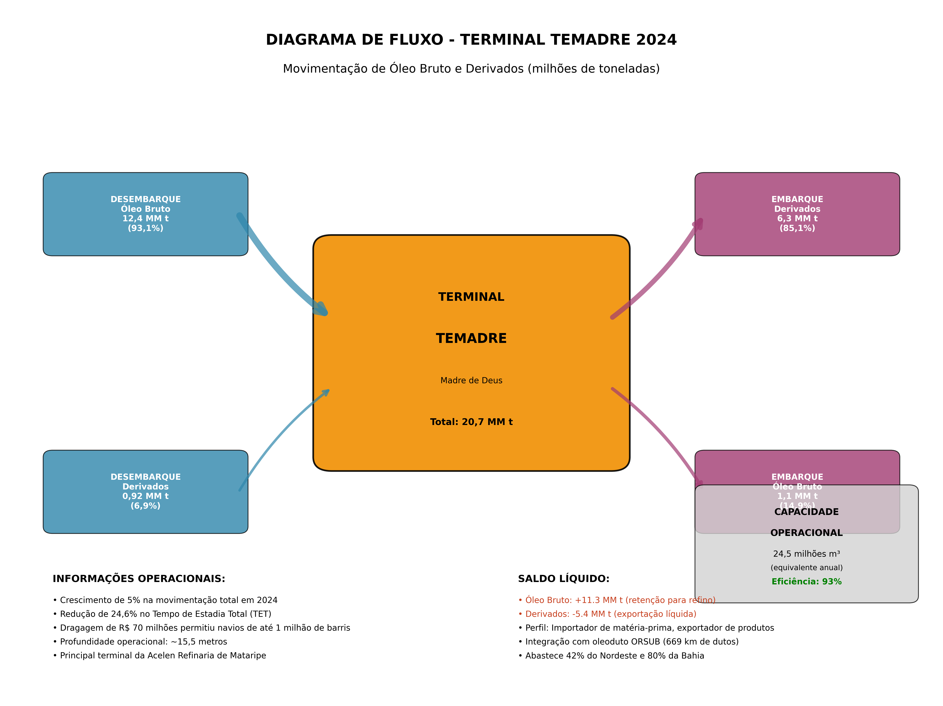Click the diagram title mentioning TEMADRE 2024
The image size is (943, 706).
[471, 40]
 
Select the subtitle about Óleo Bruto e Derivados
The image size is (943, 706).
[471, 69]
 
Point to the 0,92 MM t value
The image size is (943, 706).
[145, 496]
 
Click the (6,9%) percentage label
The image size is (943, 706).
[145, 506]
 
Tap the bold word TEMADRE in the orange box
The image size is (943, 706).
[471, 339]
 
